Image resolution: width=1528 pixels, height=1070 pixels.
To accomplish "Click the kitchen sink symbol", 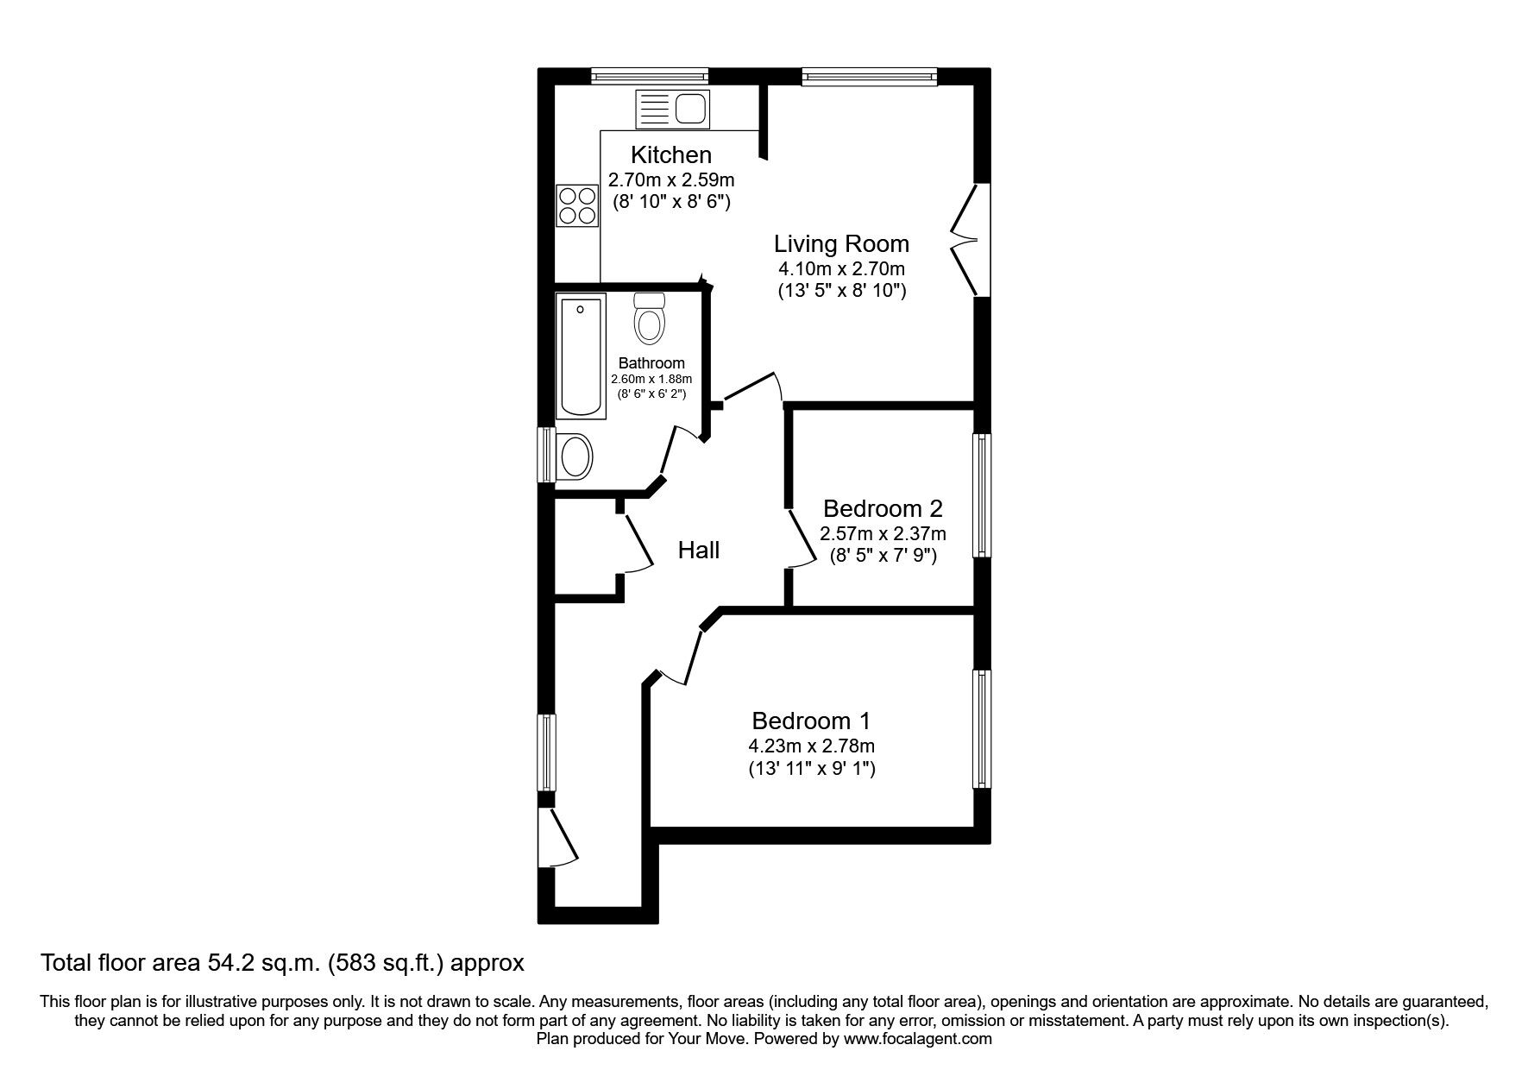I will [672, 110].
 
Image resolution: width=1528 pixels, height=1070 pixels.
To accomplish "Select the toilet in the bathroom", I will [649, 319].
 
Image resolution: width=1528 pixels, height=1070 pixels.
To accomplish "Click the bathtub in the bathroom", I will [582, 355].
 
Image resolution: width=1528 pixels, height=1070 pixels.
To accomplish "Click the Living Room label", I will [840, 243].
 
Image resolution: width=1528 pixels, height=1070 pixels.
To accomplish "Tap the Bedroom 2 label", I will [883, 507].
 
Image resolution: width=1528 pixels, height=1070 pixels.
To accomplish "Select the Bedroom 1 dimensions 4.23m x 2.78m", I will [811, 746].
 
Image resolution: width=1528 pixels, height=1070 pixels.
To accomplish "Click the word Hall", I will [698, 550].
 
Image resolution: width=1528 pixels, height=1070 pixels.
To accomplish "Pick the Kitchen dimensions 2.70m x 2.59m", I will [671, 180].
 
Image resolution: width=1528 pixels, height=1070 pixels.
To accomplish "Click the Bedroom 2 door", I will [799, 539].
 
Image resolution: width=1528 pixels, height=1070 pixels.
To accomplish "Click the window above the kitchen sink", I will [650, 76].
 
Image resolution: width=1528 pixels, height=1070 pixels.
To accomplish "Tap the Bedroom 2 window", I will [981, 495].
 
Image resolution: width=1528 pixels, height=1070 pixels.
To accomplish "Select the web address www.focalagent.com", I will [917, 1039].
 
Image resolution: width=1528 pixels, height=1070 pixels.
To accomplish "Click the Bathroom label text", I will [651, 363].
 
